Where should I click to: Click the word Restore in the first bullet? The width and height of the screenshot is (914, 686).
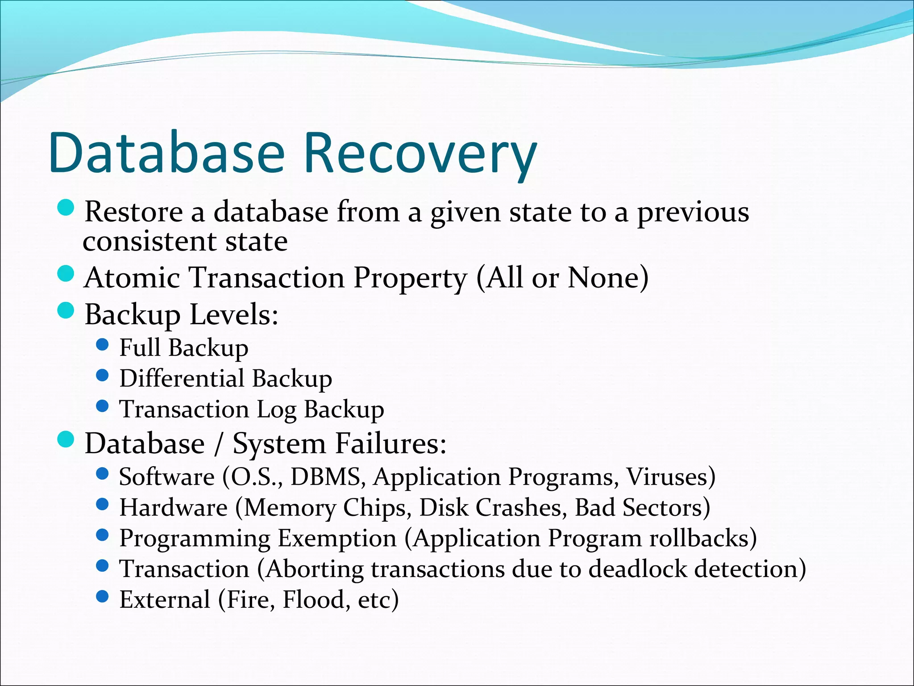pos(133,211)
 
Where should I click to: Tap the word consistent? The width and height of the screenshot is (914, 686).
pos(149,242)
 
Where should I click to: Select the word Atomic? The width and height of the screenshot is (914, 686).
pos(132,277)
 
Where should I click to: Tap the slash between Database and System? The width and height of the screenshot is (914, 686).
pos(218,444)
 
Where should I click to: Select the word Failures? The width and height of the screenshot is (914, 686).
pos(391,443)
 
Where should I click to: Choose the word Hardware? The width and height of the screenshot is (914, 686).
pos(174,508)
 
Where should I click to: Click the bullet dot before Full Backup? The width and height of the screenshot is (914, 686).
pos(102,345)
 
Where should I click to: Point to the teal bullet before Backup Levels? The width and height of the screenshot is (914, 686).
pos(66,311)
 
